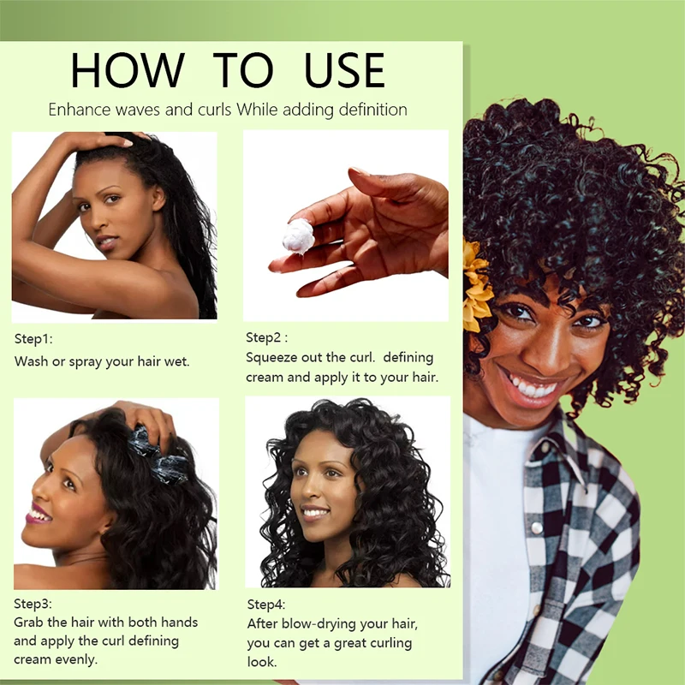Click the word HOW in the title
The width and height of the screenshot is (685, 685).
point(128,70)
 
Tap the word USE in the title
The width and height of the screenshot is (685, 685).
point(345,70)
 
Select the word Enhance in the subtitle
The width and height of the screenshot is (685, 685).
point(79,110)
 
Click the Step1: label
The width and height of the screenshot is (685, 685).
point(33,338)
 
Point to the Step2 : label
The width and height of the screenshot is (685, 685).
point(266,337)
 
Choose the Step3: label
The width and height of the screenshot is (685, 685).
point(33,604)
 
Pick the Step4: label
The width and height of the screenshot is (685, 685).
point(266,605)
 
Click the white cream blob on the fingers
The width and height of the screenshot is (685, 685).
point(298,236)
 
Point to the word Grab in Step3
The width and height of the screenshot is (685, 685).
point(27,622)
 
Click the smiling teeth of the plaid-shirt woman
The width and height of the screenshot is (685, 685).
point(533,387)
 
